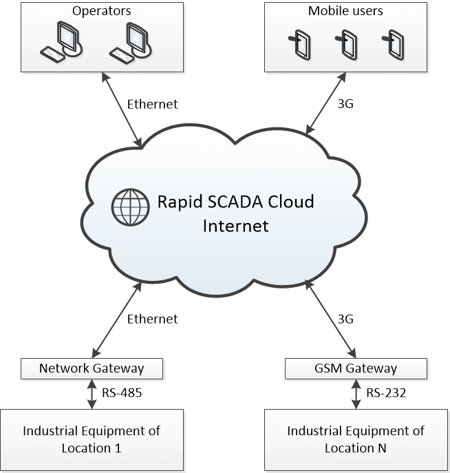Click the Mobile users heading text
[345, 11]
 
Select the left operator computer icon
[62, 43]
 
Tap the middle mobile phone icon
[345, 44]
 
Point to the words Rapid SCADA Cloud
[235, 202]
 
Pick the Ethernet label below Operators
[152, 105]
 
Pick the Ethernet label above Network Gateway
[152, 319]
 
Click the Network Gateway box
[92, 368]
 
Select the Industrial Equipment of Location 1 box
[92, 440]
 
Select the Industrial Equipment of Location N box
[356, 440]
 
